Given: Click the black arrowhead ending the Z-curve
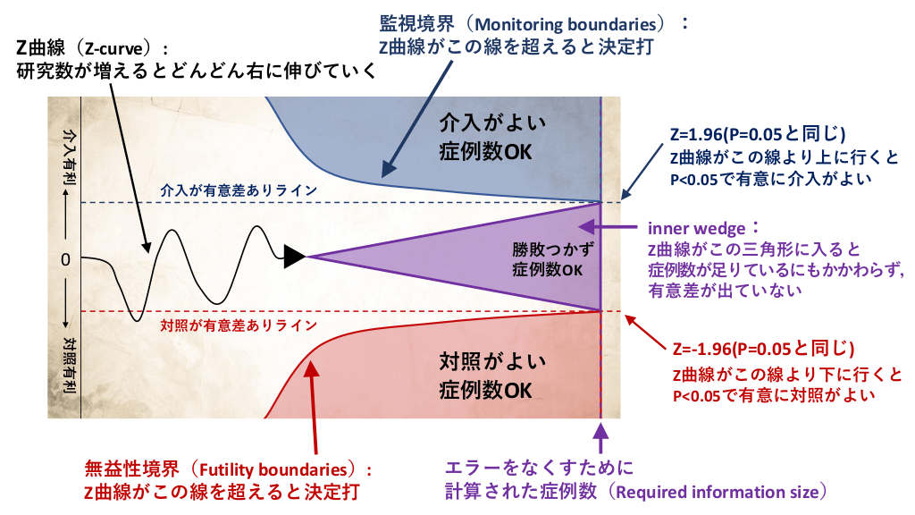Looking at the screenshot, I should tap(294, 257).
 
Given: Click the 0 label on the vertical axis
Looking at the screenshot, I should tap(65, 259).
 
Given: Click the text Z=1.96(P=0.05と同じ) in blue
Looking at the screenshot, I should tap(758, 135).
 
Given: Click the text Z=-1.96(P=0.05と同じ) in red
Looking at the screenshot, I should tap(763, 347).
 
